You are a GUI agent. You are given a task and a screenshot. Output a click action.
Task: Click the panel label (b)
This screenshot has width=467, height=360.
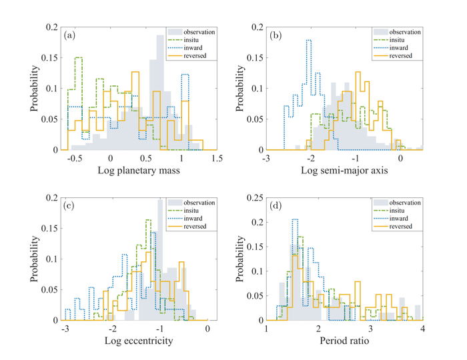tap(275, 35)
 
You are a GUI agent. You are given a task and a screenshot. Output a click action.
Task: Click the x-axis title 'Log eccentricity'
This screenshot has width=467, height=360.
tap(141, 342)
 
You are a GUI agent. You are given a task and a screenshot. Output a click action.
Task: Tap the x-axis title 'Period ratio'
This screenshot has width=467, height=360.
tap(344, 342)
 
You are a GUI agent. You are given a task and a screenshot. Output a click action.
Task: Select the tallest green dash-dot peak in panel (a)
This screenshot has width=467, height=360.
tap(78, 58)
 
